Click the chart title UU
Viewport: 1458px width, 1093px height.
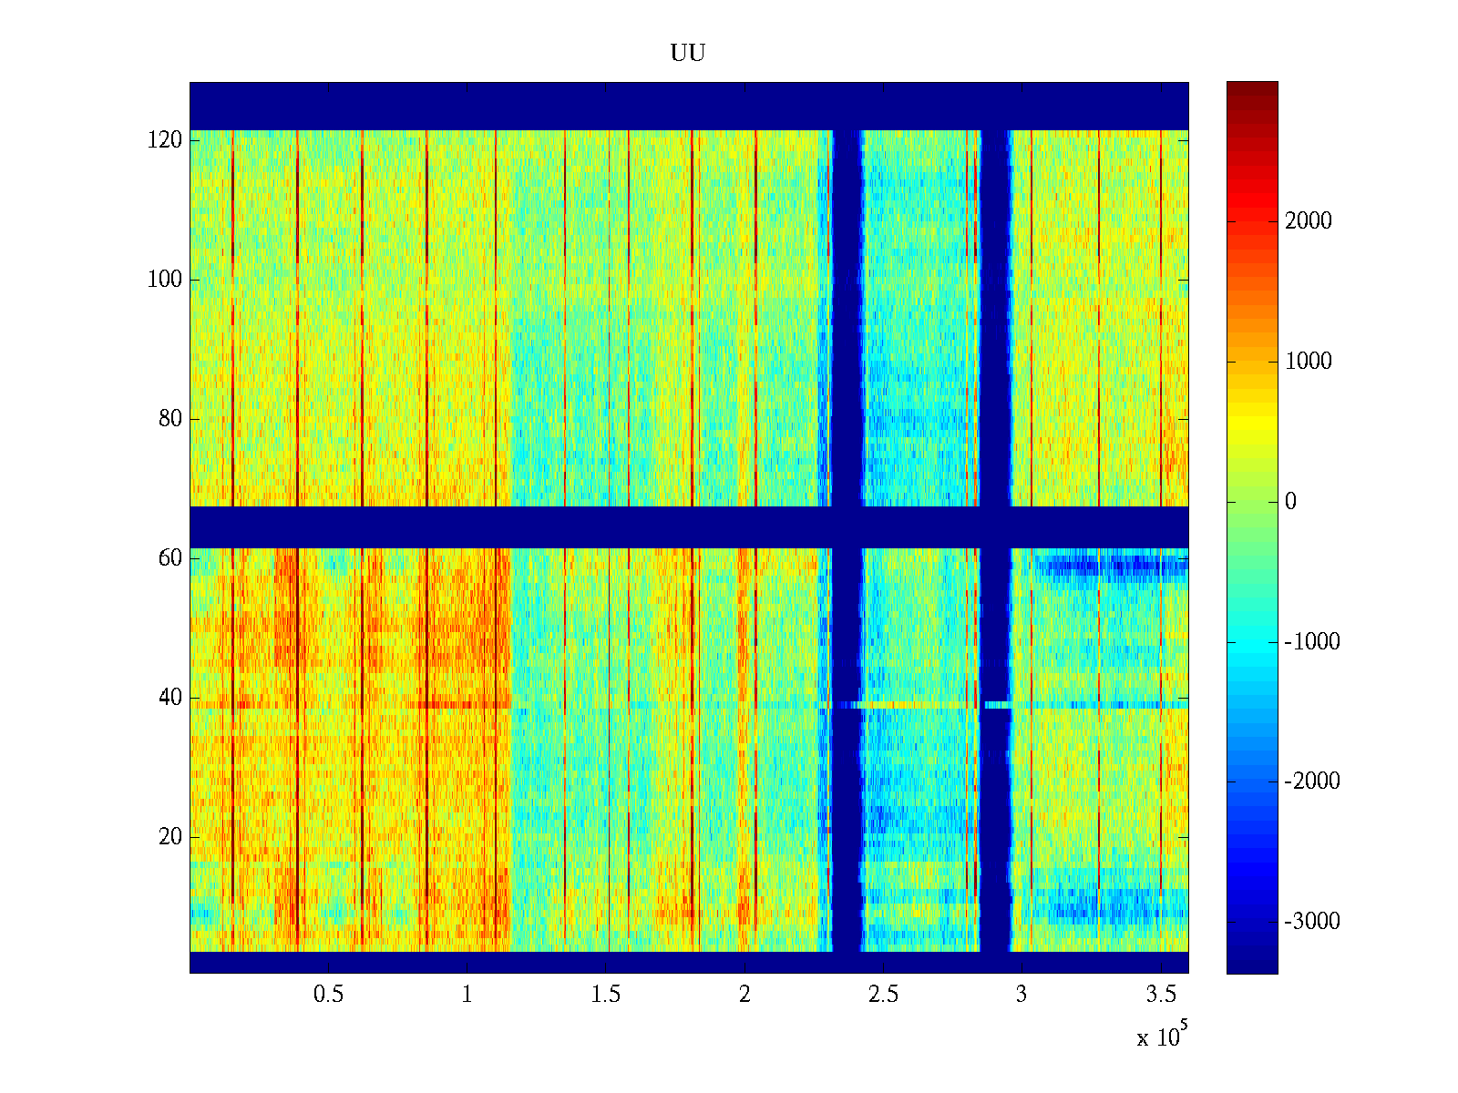point(688,54)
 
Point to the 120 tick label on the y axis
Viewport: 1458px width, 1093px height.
point(165,140)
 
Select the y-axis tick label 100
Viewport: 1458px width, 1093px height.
point(165,280)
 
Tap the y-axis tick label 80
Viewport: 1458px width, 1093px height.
point(170,419)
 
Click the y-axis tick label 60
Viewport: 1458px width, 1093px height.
point(170,558)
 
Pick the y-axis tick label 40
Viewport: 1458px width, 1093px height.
point(170,698)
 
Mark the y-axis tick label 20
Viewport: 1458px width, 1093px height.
point(170,837)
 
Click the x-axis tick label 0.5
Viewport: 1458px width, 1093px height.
point(328,995)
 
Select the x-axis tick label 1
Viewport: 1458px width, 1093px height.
point(467,995)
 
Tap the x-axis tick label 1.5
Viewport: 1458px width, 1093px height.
point(606,995)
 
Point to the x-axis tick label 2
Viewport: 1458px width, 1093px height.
point(744,995)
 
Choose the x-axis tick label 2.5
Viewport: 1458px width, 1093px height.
point(883,995)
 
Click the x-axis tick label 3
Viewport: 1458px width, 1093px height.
point(1022,995)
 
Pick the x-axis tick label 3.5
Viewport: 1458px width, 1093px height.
point(1160,995)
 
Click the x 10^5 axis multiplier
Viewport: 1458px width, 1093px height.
point(1162,1036)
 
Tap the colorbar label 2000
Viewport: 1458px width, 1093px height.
point(1309,221)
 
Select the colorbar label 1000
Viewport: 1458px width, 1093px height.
point(1309,362)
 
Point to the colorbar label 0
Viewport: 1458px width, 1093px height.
point(1290,502)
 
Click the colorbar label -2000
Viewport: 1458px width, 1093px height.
point(1312,781)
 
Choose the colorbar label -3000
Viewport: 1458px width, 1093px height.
point(1312,922)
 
